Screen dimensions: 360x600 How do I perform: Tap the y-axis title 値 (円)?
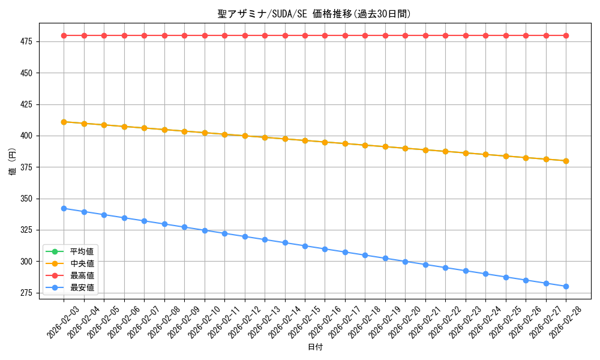pos(13,162)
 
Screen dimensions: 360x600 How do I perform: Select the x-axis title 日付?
pos(315,347)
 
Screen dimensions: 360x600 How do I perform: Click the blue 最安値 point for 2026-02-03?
pos(64,208)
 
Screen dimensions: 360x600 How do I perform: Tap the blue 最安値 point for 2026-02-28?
pos(566,286)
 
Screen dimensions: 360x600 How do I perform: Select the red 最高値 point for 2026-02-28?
pos(566,35)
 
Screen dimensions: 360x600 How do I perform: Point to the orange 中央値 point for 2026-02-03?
pos(64,122)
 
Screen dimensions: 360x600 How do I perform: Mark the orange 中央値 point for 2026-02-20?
pos(405,148)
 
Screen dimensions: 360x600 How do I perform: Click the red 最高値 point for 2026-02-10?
pos(205,35)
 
